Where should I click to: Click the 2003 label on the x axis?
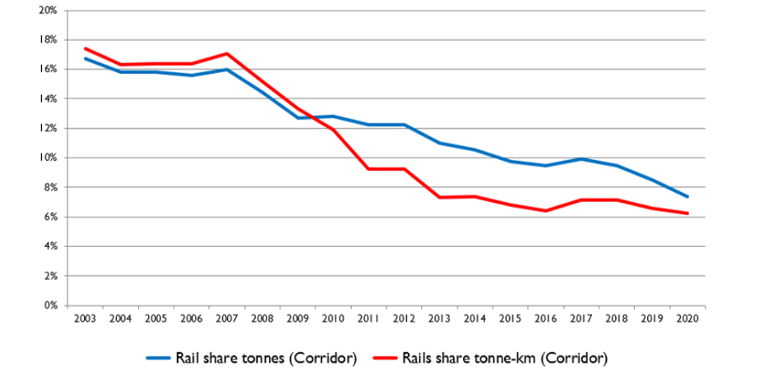[84, 318]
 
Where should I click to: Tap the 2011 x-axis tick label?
[368, 318]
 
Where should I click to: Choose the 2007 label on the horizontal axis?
[226, 318]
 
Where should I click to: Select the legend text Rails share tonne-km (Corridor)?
[505, 358]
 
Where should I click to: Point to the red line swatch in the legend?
[385, 358]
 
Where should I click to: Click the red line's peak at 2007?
[226, 53]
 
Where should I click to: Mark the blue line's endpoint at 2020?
[687, 197]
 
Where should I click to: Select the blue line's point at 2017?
[581, 158]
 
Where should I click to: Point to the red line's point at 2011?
[368, 169]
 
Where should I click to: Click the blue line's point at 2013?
[438, 143]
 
